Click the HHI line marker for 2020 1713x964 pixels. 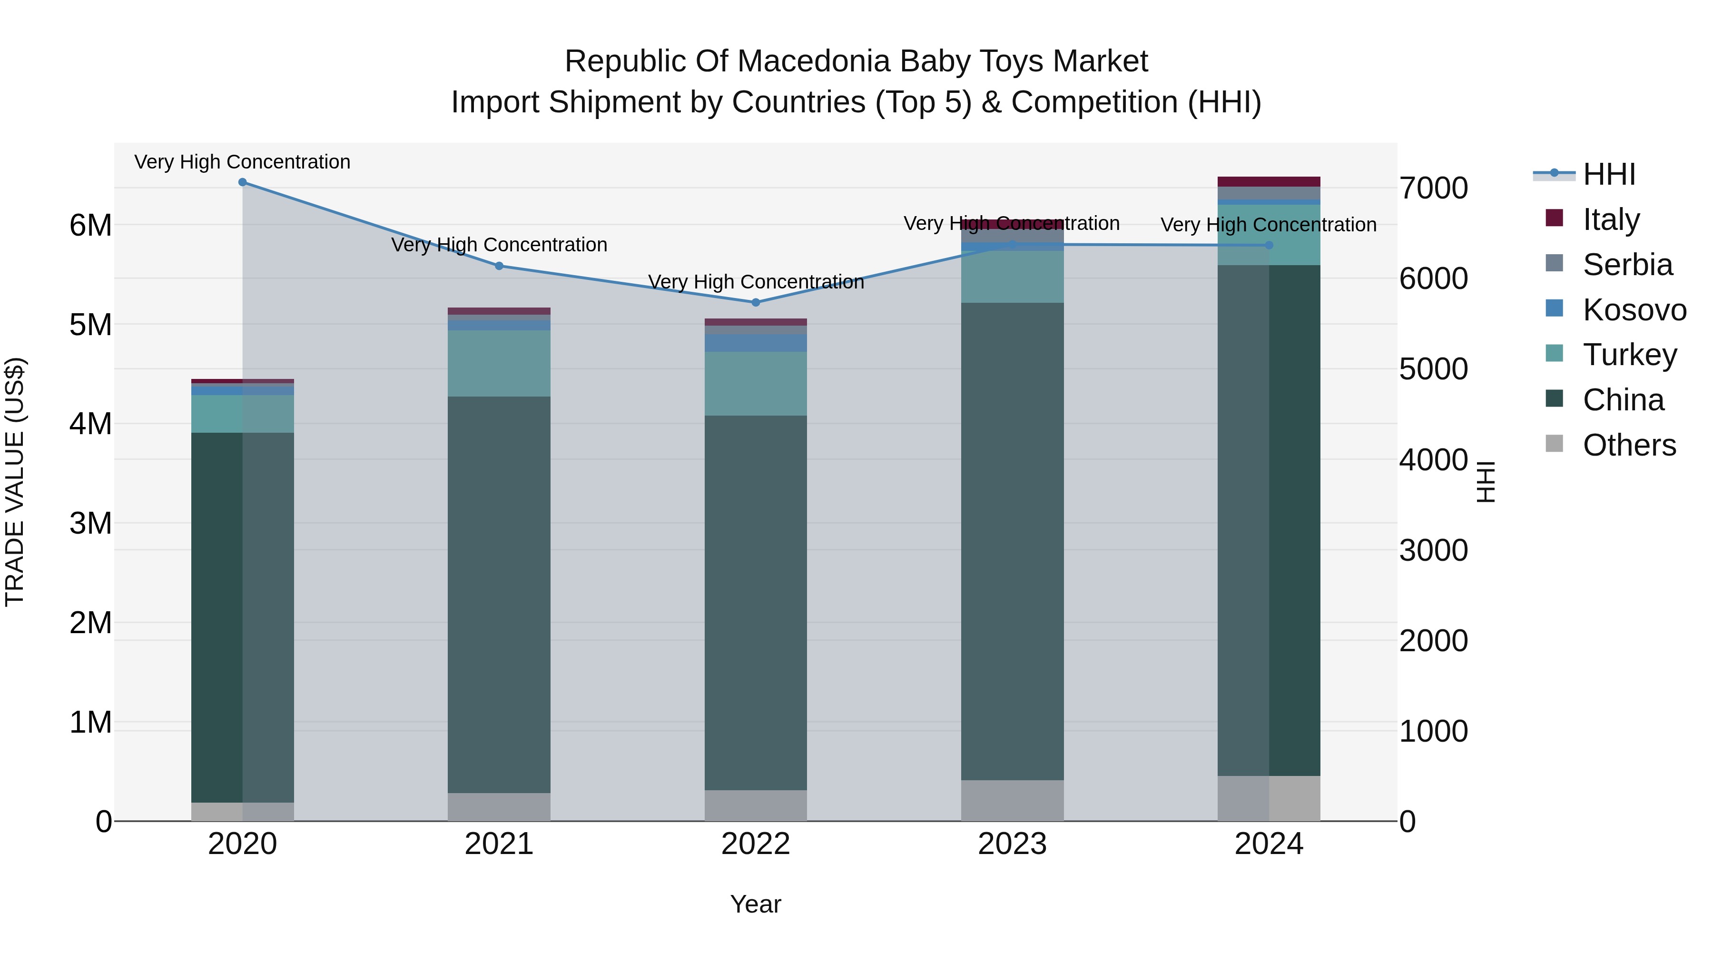243,182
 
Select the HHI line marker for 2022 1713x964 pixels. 756,303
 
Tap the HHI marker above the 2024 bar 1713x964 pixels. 1269,246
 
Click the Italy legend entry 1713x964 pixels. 1611,219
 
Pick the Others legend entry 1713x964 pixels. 1629,445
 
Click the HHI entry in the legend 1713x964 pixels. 1608,174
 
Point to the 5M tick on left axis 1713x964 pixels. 90,325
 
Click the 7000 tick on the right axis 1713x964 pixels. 1434,188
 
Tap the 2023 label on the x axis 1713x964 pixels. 1012,844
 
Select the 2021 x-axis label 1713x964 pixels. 499,844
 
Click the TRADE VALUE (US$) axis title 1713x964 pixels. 15,482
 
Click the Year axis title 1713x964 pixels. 756,904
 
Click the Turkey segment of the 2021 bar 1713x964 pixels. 499,363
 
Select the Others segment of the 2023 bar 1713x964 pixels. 1012,800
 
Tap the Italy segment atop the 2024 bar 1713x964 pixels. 1269,182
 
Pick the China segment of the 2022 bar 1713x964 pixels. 756,602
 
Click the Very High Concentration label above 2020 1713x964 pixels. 243,162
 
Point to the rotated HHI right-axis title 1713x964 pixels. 1486,482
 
